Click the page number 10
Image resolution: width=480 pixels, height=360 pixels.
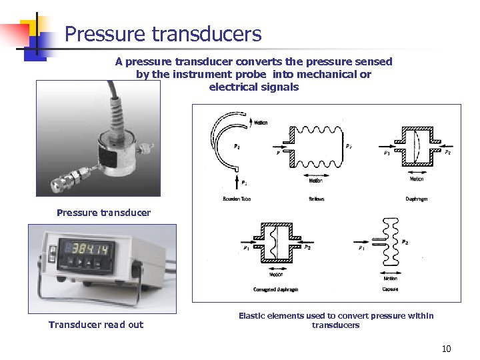click(x=446, y=349)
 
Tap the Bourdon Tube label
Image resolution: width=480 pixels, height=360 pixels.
click(x=237, y=199)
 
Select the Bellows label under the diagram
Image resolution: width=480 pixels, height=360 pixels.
click(x=317, y=199)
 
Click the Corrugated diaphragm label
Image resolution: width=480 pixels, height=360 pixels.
click(x=276, y=289)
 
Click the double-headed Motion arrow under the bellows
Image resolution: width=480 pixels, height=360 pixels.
click(x=316, y=173)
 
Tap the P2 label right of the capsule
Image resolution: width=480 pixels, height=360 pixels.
click(x=405, y=242)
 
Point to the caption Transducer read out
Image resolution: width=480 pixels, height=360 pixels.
click(x=96, y=325)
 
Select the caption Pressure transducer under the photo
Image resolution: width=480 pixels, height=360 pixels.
click(x=103, y=213)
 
